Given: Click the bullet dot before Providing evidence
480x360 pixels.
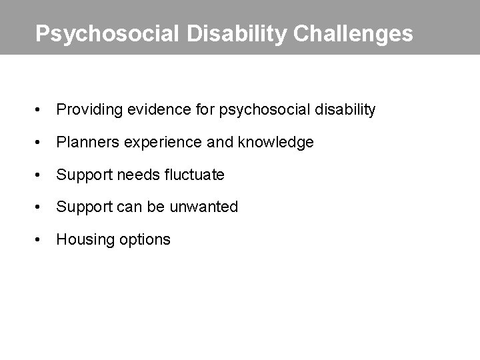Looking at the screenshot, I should click(x=41, y=109).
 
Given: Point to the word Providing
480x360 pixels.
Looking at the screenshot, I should click(x=85, y=109).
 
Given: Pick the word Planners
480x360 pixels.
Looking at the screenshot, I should click(x=83, y=142).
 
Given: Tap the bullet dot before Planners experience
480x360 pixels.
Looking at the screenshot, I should click(x=41, y=142).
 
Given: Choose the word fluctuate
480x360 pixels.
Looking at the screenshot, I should click(x=192, y=175).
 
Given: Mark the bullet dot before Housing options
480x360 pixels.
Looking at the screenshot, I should click(x=41, y=239).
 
